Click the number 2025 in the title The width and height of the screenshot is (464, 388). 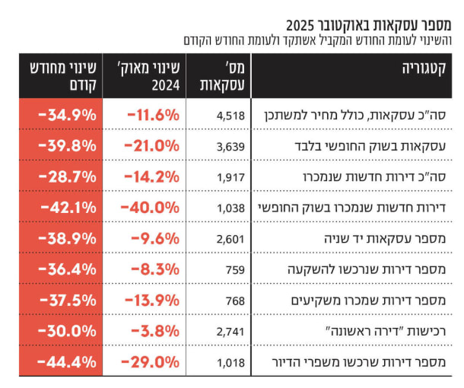coord(300,25)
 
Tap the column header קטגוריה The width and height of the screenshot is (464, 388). coord(424,68)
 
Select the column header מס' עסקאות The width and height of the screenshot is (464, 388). coord(223,76)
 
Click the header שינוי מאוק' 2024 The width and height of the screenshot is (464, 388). coord(150,76)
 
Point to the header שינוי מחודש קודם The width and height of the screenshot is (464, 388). coord(63,76)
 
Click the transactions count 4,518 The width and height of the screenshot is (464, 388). coord(230,116)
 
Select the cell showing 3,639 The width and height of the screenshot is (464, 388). coord(230,147)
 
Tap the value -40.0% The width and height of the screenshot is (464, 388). coord(150,208)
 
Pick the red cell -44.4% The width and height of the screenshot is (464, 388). coord(67,362)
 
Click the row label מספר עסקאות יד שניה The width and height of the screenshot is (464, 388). coord(385,239)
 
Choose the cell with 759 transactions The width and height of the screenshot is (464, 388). coord(235,270)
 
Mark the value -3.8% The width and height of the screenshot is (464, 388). coord(155,331)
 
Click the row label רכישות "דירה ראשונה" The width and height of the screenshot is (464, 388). coord(386,331)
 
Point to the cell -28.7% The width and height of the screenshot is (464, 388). coord(68,177)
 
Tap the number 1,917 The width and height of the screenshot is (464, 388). coord(230,177)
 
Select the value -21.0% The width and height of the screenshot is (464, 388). coord(151,146)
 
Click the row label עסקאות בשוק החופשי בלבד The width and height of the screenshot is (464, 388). coord(370,146)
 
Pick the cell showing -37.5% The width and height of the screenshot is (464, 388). coord(68,301)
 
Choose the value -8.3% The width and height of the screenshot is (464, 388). coord(155,269)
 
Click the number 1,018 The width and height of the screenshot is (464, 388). coord(230,363)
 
